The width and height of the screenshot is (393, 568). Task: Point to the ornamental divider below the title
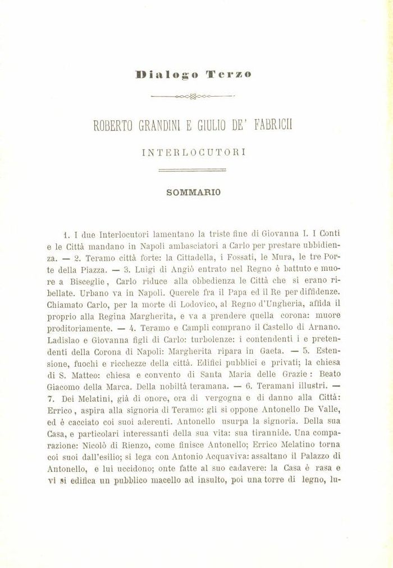(193, 96)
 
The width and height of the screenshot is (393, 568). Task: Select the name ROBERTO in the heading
(114, 125)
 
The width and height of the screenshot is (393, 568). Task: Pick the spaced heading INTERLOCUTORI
(194, 152)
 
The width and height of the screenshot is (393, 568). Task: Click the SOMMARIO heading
(194, 192)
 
